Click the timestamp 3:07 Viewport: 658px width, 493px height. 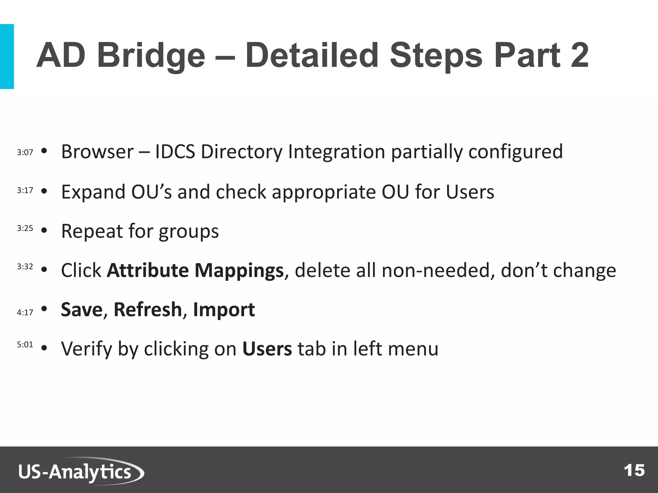25,152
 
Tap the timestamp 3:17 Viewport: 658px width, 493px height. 25,190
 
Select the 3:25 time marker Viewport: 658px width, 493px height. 25,228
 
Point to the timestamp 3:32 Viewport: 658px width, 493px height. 25,266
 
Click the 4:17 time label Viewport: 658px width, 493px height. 25,312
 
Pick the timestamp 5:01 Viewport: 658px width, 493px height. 25,345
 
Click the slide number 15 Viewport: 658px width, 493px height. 634,471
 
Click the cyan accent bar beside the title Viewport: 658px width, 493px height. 7,56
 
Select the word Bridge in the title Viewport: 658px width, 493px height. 151,56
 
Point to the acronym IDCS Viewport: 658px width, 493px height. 175,151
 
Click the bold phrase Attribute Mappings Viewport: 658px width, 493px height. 195,270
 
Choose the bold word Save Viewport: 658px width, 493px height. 82,309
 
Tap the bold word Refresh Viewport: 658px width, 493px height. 148,309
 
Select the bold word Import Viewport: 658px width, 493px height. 224,309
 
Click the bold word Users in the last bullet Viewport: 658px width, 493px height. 267,349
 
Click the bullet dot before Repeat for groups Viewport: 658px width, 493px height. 44,230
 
